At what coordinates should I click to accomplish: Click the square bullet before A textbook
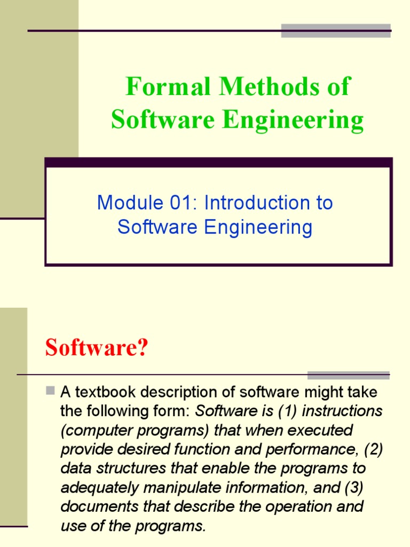tap(51, 391)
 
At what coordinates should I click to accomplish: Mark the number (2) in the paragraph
tap(373, 449)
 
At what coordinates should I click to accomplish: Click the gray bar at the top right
tap(336, 30)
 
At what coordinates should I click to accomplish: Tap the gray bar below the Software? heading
tap(348, 375)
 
